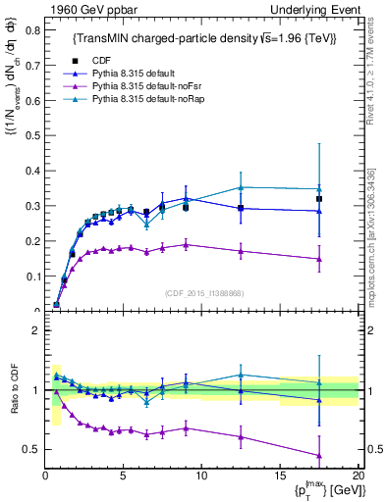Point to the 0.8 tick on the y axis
click(x=32, y=29)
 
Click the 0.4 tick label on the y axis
click(x=32, y=171)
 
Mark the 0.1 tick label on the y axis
click(x=32, y=276)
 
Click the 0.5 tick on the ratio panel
click(x=32, y=449)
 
